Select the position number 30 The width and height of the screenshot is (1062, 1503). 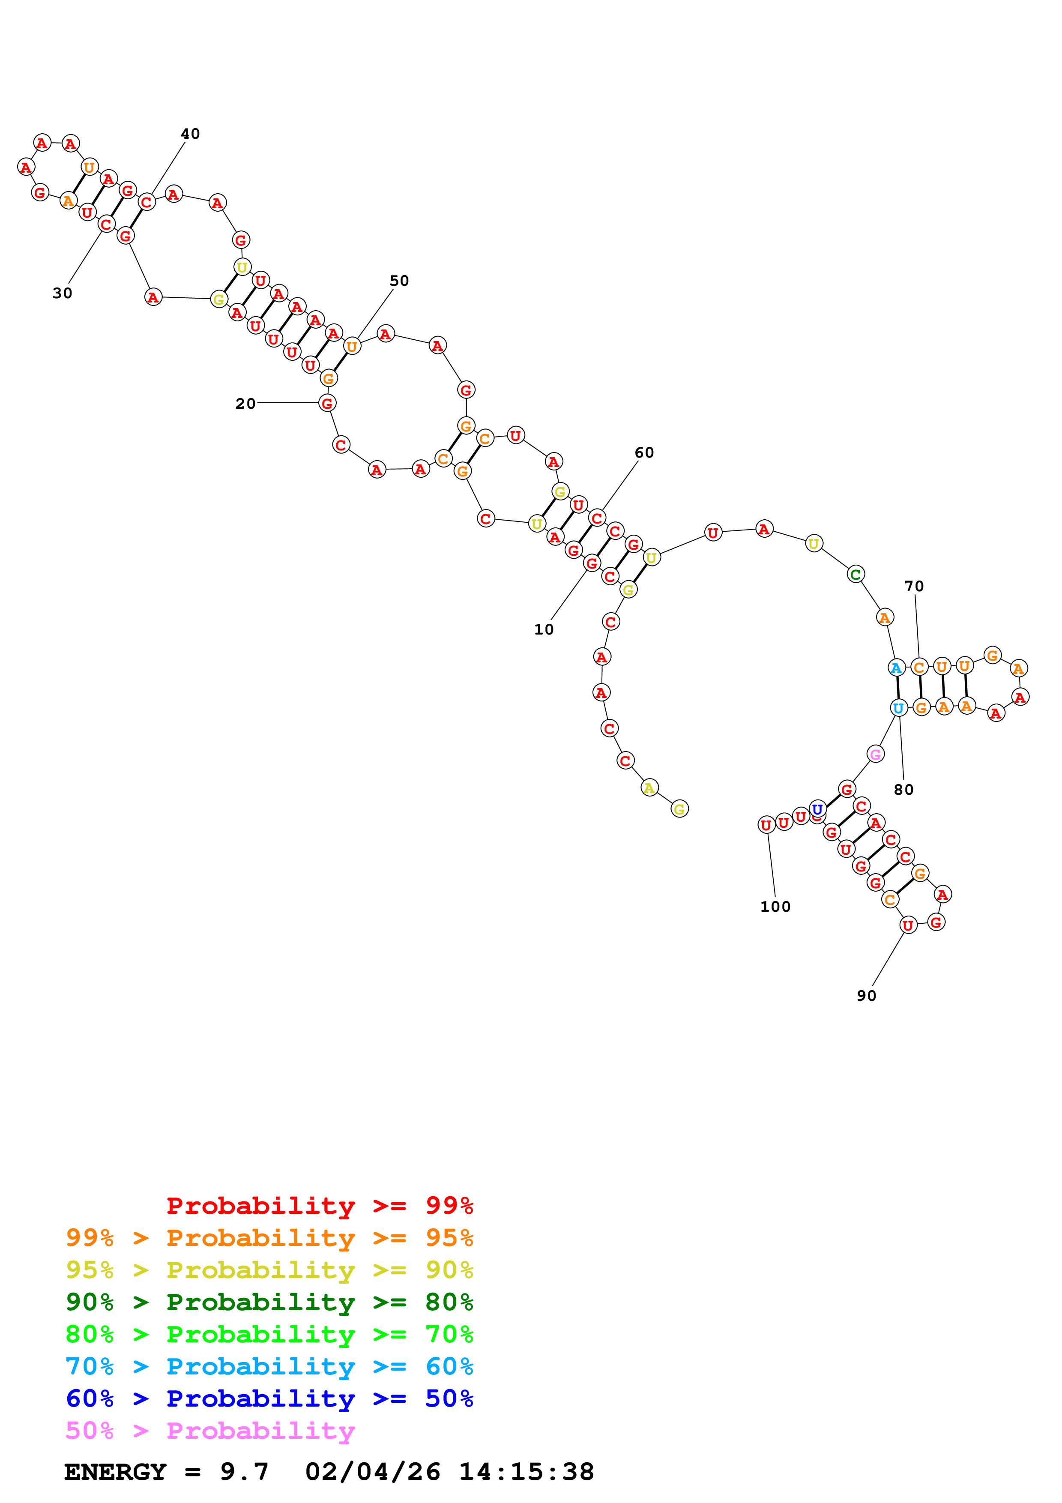(x=62, y=293)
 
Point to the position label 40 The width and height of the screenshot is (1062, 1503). (x=190, y=134)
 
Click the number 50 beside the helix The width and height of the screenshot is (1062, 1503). (x=399, y=281)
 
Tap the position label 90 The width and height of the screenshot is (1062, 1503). (x=866, y=996)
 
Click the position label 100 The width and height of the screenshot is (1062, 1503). (x=775, y=907)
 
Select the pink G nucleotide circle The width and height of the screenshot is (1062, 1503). (x=876, y=754)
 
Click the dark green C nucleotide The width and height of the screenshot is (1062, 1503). (x=855, y=575)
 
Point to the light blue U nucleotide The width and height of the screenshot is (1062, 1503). (x=898, y=708)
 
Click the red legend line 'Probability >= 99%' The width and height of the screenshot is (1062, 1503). (x=319, y=1205)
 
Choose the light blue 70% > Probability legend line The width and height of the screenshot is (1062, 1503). (x=269, y=1366)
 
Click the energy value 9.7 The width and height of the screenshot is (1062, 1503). (x=244, y=1472)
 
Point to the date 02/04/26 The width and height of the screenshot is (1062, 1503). (x=372, y=1472)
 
